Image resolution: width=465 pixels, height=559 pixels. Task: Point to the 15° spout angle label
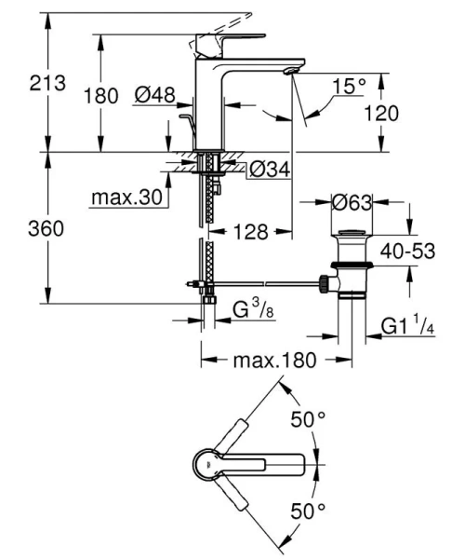click(350, 86)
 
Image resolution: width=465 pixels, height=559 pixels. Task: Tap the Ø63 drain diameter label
click(354, 201)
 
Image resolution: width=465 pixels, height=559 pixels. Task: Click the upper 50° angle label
click(307, 420)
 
